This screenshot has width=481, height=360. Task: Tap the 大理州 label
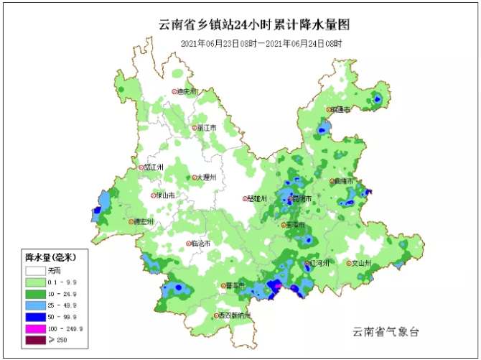204,177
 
